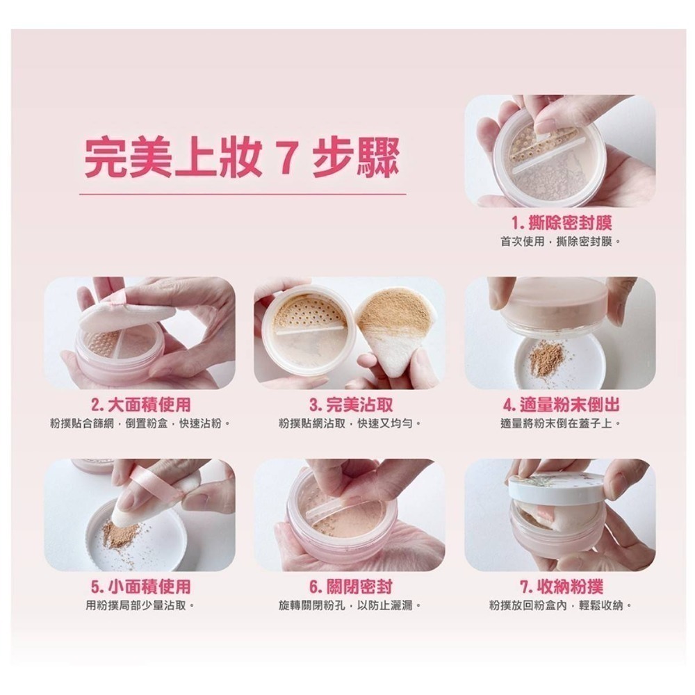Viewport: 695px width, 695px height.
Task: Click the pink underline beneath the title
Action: (x=243, y=194)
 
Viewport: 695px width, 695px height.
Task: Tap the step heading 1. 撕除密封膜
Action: (x=561, y=222)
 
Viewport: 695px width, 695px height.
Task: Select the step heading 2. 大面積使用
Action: (x=140, y=404)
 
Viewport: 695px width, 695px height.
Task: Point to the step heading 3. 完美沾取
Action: (x=350, y=404)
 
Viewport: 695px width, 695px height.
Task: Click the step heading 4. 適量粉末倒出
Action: (x=561, y=404)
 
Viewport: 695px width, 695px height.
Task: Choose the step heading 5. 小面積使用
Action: (x=140, y=587)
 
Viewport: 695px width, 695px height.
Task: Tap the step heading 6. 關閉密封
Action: (x=350, y=587)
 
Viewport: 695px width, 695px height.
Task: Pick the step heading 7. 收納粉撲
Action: (x=561, y=587)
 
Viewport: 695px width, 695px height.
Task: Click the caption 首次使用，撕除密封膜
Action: (x=560, y=242)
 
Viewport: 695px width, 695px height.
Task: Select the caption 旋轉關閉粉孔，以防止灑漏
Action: (x=350, y=605)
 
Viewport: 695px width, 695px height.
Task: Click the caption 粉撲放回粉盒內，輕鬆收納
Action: (x=560, y=605)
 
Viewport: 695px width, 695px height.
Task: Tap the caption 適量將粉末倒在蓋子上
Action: (x=560, y=423)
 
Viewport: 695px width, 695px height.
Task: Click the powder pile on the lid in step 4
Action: (x=547, y=357)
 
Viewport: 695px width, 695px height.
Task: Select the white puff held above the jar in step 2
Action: (x=126, y=312)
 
